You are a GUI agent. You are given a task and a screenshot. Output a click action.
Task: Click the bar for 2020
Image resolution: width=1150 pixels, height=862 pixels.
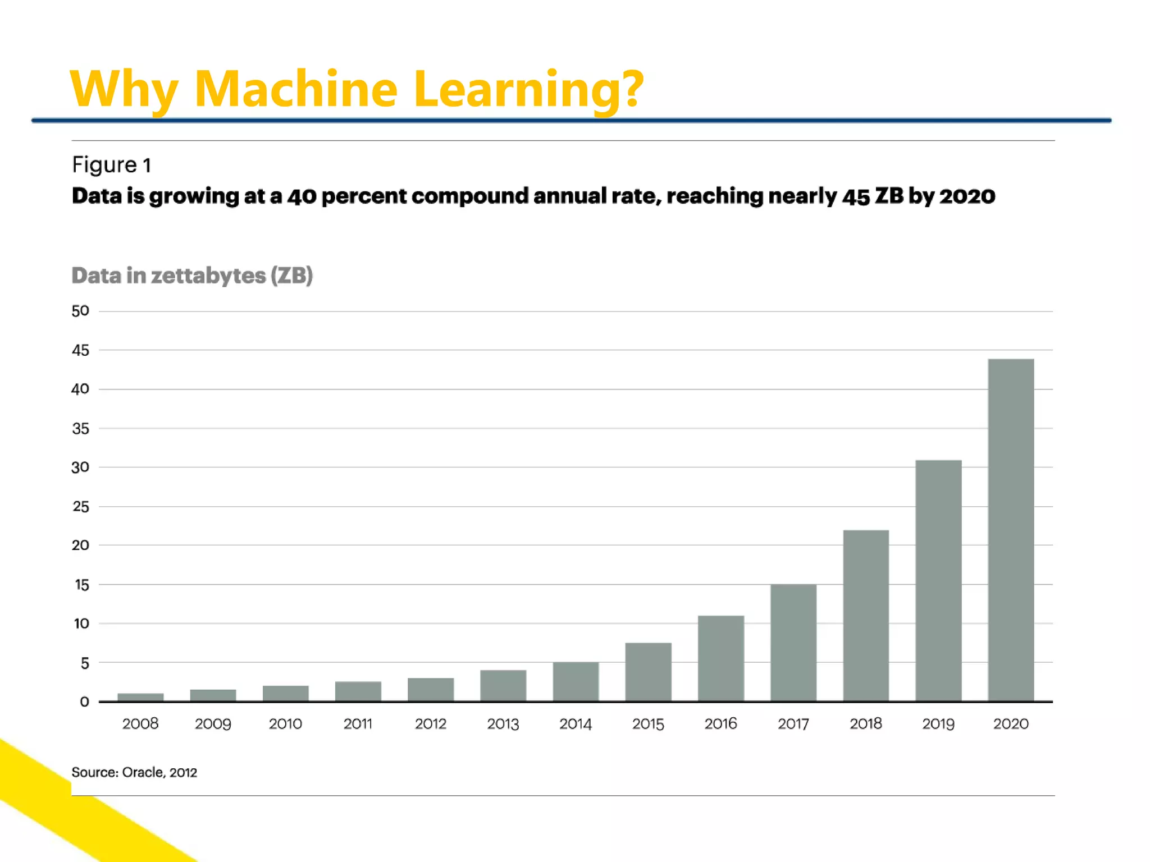(1011, 530)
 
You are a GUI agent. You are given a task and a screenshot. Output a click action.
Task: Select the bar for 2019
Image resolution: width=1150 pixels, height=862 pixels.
(938, 581)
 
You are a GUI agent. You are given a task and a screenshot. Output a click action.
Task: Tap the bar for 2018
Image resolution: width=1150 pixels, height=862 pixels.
(866, 616)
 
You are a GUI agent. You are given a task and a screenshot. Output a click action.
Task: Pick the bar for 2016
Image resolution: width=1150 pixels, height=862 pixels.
(721, 658)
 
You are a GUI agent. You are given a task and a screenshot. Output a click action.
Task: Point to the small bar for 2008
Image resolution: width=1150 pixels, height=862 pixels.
(140, 697)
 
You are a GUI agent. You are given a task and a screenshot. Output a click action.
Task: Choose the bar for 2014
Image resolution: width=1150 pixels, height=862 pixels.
(576, 681)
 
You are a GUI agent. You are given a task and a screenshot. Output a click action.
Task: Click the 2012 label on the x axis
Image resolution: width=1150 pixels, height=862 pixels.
(431, 724)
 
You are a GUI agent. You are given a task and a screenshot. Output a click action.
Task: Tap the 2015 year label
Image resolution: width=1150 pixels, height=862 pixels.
(648, 724)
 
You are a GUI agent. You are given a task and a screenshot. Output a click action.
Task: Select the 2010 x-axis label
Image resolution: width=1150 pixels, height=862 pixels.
(285, 724)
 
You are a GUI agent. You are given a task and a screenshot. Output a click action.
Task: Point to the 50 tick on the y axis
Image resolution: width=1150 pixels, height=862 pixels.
(80, 311)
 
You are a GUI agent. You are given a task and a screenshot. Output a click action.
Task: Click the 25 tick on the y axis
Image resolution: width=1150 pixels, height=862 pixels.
(80, 507)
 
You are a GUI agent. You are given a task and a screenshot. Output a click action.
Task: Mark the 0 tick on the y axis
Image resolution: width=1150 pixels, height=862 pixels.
(84, 701)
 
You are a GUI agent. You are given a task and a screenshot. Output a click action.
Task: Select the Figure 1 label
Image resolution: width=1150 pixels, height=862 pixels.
(111, 165)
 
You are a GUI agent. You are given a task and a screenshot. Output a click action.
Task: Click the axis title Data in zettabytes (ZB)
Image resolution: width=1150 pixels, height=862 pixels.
(192, 276)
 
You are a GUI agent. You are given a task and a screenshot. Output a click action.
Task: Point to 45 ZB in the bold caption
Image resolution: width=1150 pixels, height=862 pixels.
(873, 196)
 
